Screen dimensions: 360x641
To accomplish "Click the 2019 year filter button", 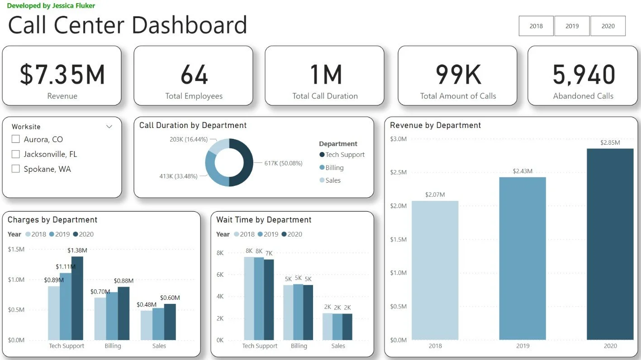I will tap(572, 26).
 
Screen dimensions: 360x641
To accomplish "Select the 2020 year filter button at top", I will tap(608, 26).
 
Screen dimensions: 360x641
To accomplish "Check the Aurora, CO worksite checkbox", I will tap(16, 139).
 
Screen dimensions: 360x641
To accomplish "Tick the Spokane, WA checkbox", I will tap(16, 169).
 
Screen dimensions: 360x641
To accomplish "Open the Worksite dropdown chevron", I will tap(109, 127).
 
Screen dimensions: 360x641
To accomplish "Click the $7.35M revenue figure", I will tap(62, 75).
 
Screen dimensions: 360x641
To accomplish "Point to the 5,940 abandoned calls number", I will tap(584, 75).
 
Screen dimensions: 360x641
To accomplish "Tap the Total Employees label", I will tap(194, 96).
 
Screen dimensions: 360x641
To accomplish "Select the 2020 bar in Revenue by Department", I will tap(610, 244).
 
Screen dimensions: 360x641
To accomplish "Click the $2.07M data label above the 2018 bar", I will tap(435, 195).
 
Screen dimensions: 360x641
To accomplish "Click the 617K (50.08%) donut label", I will tap(283, 163).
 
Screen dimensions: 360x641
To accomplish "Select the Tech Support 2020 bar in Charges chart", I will tap(77, 298).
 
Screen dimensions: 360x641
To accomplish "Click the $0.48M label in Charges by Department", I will tap(147, 305).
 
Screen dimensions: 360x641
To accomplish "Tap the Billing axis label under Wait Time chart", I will tap(299, 346).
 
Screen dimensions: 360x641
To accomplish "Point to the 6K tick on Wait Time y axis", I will tap(220, 275).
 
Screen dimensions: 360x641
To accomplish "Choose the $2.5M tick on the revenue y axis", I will tap(398, 172).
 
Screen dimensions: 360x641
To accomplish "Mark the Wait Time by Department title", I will tap(264, 220).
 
